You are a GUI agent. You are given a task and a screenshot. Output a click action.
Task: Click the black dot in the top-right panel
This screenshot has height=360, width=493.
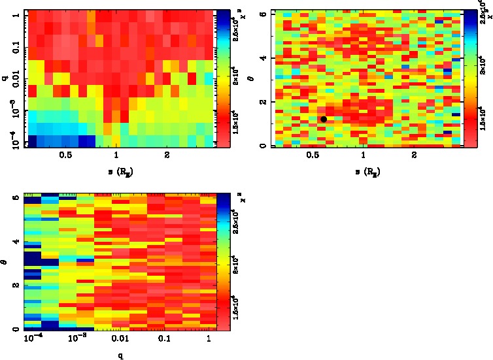[324, 119]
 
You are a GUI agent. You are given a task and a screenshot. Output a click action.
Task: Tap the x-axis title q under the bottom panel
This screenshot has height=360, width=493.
[120, 355]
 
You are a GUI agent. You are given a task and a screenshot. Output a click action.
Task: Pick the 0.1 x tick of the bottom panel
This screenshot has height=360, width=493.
[163, 340]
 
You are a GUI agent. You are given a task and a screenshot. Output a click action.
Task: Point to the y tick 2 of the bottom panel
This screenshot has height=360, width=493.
[16, 286]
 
